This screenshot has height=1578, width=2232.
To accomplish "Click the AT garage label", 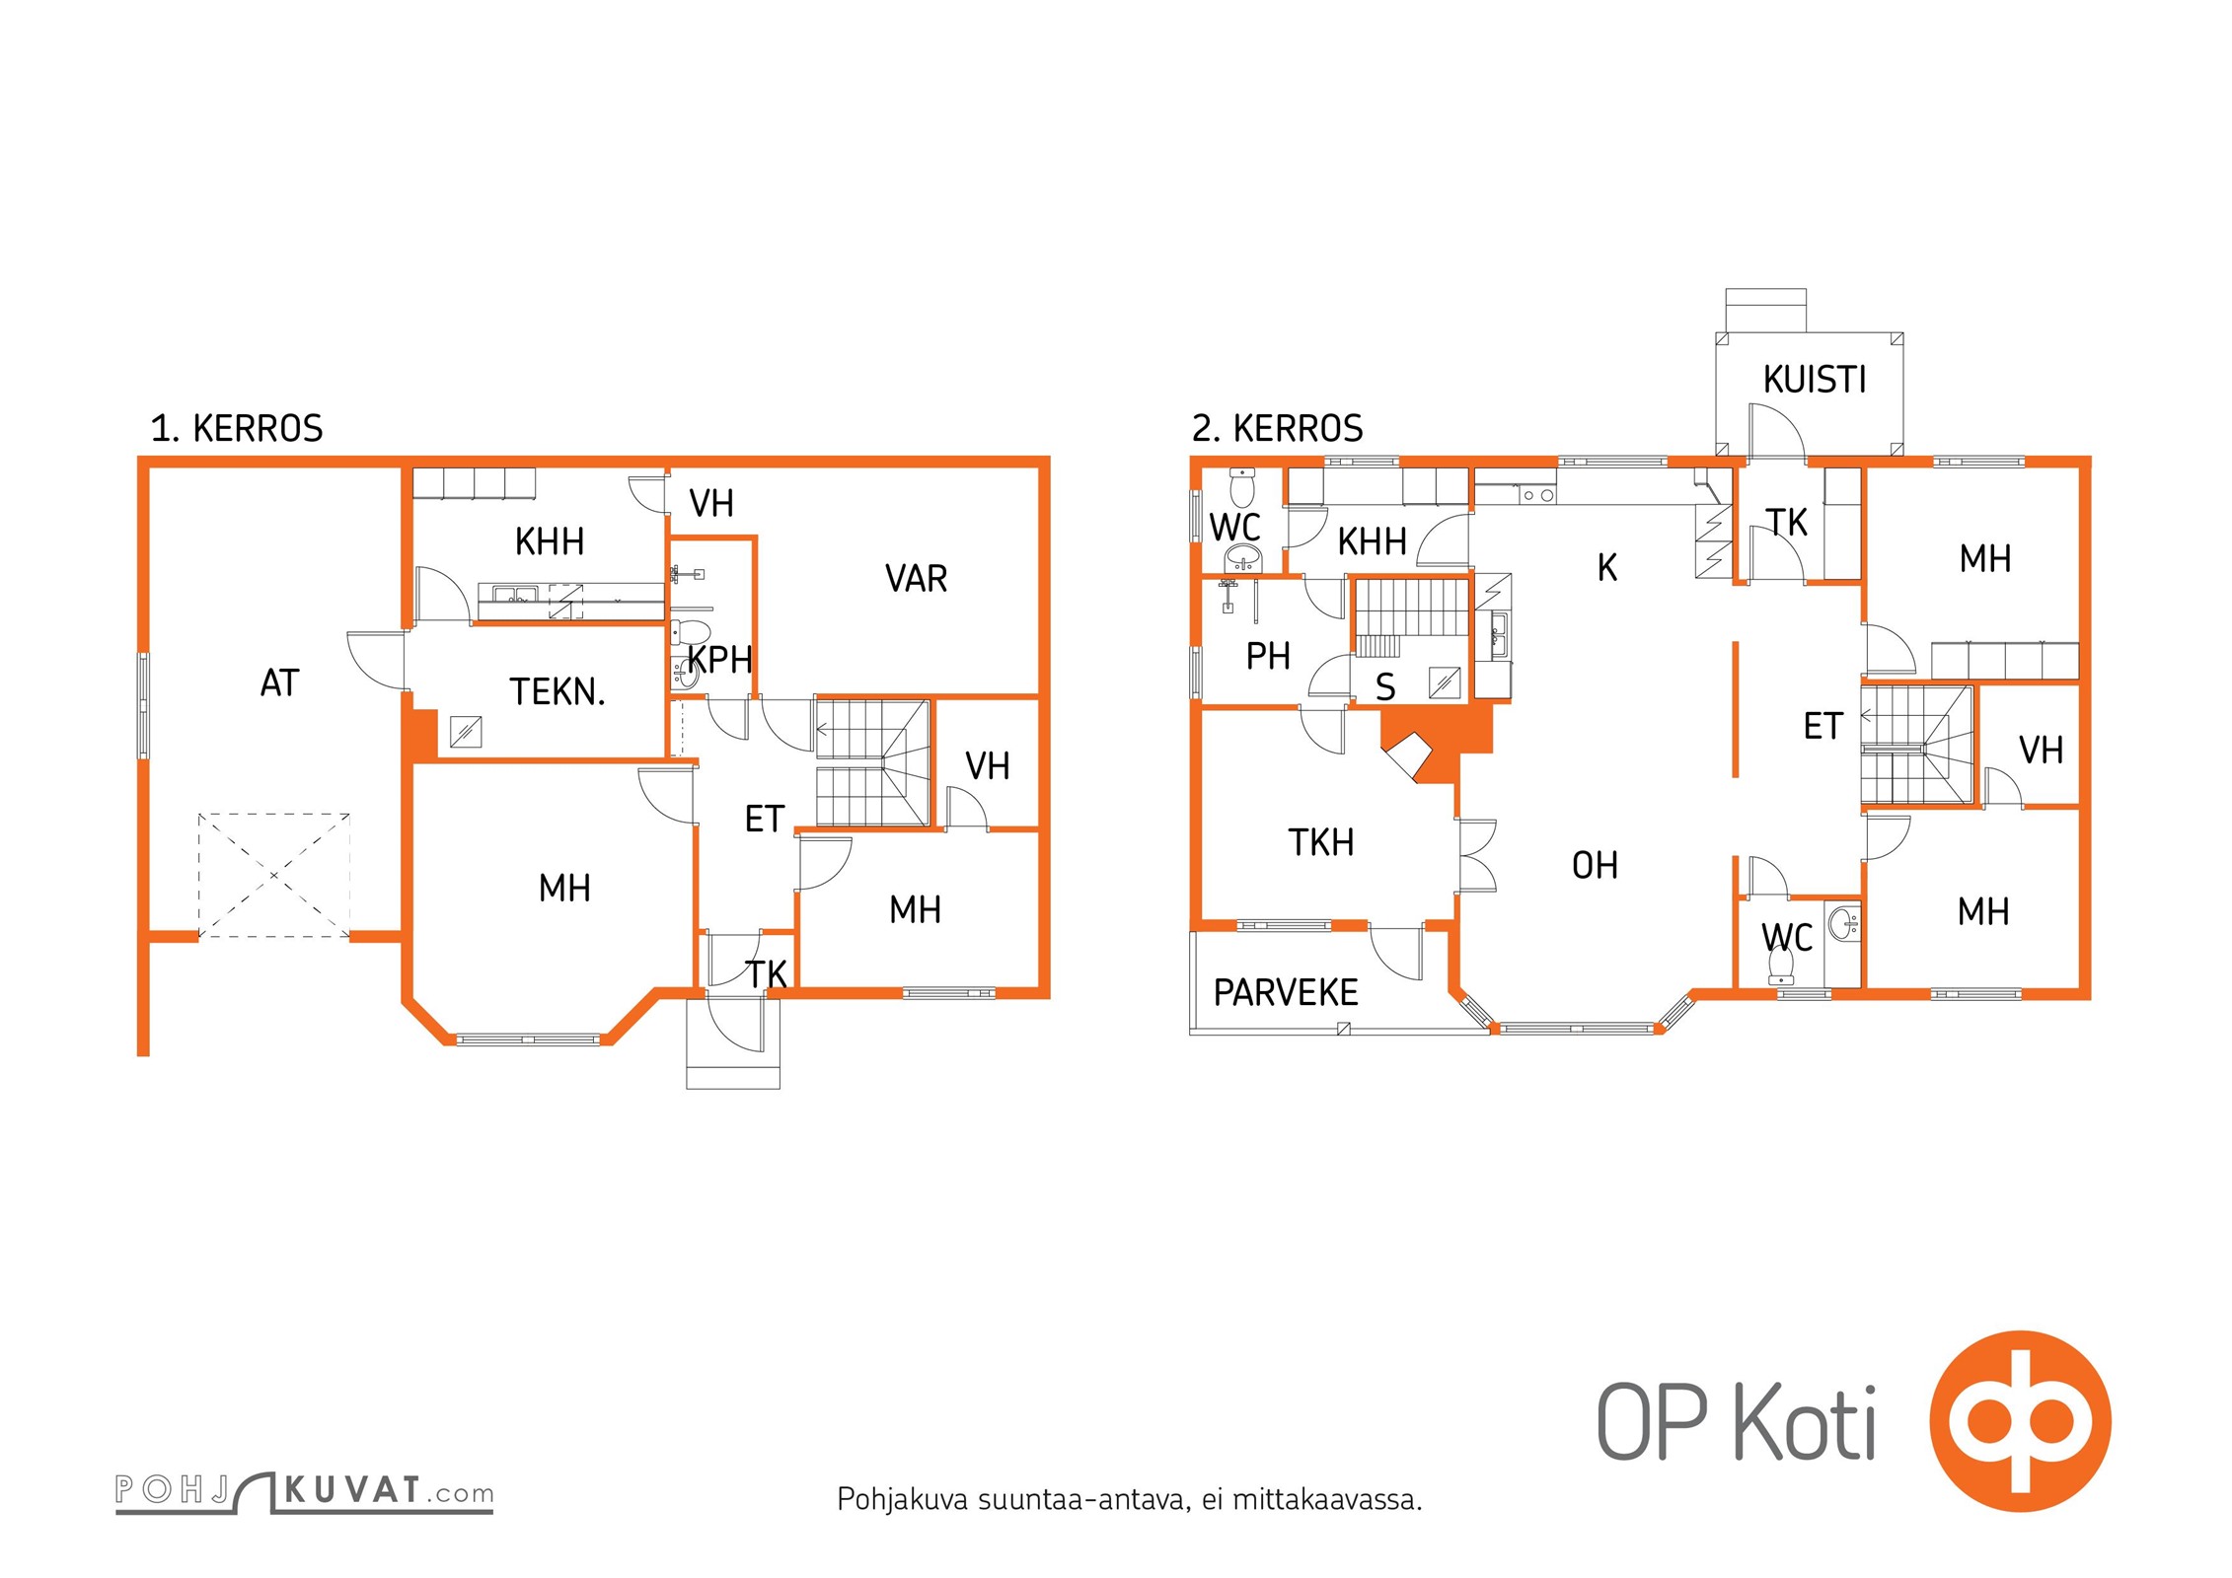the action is (279, 682).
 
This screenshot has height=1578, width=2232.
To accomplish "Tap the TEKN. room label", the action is (558, 692).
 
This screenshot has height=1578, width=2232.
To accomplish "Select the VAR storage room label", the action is (916, 579).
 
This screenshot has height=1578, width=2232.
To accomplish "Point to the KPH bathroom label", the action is (720, 660).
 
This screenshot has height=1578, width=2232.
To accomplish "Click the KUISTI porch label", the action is (1815, 380).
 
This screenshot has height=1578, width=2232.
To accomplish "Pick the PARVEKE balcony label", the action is (1286, 992).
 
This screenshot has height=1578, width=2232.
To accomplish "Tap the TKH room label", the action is (1321, 842).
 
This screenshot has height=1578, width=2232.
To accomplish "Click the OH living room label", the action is (1595, 865).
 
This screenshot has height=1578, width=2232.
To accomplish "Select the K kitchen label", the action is (1607, 567).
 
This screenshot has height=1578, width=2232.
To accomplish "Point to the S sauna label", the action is (1385, 687).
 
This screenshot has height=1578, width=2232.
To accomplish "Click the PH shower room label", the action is (1268, 656).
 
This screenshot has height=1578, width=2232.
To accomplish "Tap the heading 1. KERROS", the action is (237, 428).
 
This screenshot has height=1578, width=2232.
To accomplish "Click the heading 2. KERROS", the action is (1278, 428).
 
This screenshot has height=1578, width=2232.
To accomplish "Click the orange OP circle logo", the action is (2020, 1421).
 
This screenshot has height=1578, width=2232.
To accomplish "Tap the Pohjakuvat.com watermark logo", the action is (304, 1491).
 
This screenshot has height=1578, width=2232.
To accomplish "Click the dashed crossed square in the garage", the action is (274, 875).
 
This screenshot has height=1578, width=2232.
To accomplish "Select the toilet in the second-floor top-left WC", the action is (1241, 488).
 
